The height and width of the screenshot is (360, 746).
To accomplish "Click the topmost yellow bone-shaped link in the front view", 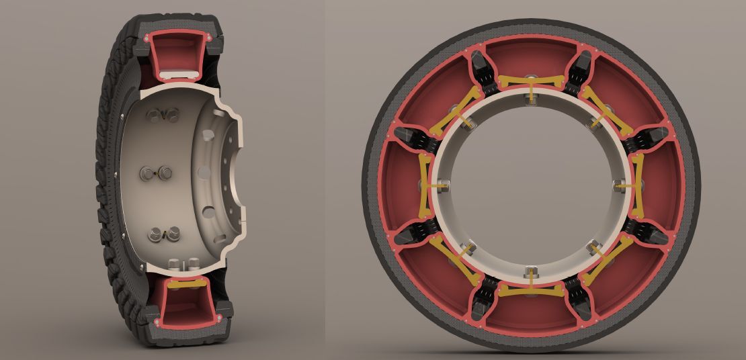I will point(531,83).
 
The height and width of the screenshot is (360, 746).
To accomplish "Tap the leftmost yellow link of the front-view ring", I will point(426,185).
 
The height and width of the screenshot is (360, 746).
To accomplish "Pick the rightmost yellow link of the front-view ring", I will point(636,185).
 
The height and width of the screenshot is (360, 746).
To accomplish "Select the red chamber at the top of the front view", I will point(531,57).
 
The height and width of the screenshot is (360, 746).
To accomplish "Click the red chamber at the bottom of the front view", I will point(531,316).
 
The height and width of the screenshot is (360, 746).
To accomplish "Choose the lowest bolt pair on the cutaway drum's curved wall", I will point(165,234).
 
